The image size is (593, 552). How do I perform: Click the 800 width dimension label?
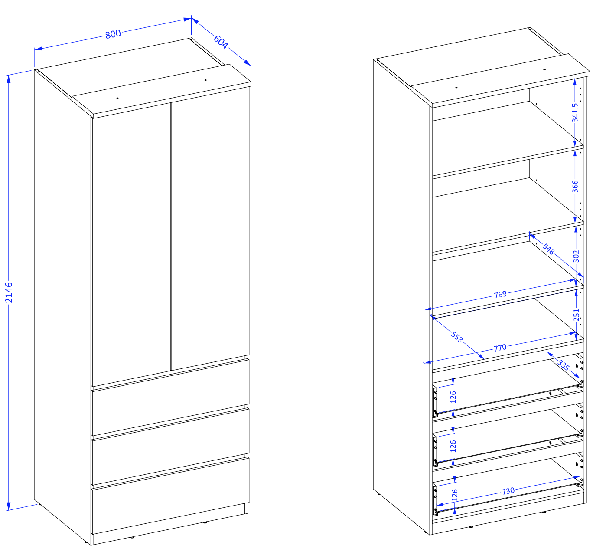click(113, 34)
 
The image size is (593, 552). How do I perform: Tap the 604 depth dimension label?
click(221, 42)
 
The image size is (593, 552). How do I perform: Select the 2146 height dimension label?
click(9, 292)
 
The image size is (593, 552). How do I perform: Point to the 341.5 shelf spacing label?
click(575, 113)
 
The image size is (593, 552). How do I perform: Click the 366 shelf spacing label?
click(575, 187)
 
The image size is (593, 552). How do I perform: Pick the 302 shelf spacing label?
click(576, 256)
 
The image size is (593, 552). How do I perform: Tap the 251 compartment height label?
click(576, 315)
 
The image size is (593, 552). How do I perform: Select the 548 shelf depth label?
click(548, 249)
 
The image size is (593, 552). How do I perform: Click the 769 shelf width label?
click(500, 295)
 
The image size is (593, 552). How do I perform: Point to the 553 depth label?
click(457, 337)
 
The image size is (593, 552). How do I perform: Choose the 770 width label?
click(500, 348)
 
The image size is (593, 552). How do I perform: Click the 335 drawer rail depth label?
click(564, 365)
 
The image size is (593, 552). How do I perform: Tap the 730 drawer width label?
click(508, 491)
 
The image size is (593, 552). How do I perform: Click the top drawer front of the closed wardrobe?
click(170, 398)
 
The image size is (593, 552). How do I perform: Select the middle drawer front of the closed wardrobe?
click(170, 447)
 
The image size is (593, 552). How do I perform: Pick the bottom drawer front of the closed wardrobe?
click(170, 496)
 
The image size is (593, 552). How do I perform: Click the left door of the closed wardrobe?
click(131, 245)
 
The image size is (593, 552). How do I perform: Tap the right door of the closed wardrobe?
click(210, 229)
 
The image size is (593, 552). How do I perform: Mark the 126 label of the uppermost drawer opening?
click(453, 397)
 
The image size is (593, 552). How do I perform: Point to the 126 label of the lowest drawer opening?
click(455, 495)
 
